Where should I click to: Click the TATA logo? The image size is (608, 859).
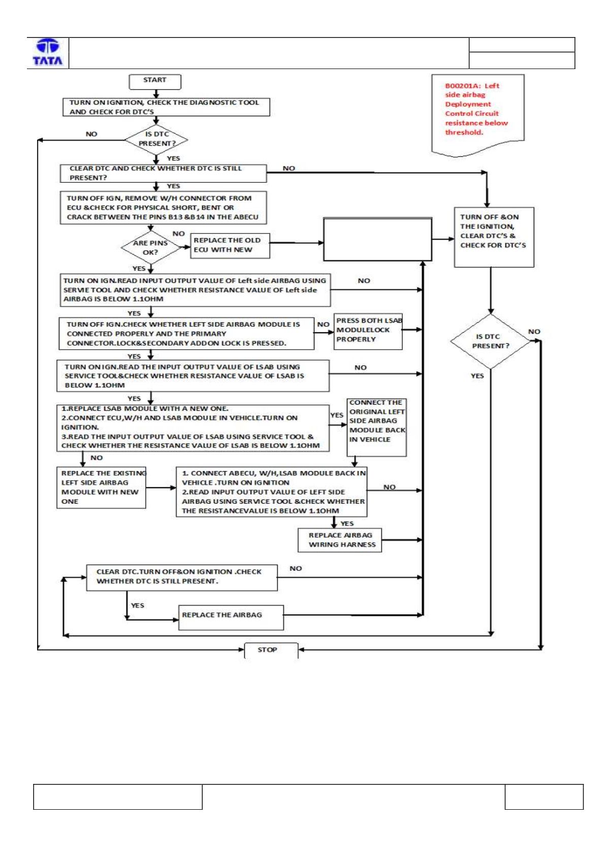tap(48, 52)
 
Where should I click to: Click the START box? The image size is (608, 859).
tap(155, 82)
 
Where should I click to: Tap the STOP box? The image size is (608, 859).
tap(271, 650)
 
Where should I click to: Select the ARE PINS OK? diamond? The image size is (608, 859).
tap(151, 248)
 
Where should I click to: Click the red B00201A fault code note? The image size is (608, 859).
tap(477, 115)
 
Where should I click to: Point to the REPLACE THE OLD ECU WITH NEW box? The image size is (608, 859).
tap(230, 245)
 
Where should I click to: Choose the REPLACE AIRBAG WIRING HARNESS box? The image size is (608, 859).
tap(340, 540)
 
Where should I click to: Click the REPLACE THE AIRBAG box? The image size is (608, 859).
tap(231, 617)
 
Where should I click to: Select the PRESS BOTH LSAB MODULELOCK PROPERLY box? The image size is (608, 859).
tap(368, 332)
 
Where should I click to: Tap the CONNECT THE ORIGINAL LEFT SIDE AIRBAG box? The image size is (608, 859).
tap(377, 427)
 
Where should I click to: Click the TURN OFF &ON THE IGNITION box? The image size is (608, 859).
tap(494, 237)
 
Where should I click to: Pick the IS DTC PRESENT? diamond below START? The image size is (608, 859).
tap(156, 140)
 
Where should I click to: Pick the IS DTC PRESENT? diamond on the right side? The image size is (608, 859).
tap(491, 342)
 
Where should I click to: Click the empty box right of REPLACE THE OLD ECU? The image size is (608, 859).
tap(378, 239)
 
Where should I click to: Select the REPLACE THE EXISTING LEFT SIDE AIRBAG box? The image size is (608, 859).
tap(101, 487)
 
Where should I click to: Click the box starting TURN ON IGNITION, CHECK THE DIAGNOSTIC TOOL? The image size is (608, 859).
tap(167, 107)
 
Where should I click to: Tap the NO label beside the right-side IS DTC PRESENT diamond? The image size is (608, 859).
tap(534, 332)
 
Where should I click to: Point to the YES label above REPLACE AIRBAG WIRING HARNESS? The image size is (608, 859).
tap(347, 523)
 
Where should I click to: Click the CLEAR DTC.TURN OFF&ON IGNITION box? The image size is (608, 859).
tap(182, 578)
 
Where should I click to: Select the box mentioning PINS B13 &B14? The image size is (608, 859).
tap(164, 208)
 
